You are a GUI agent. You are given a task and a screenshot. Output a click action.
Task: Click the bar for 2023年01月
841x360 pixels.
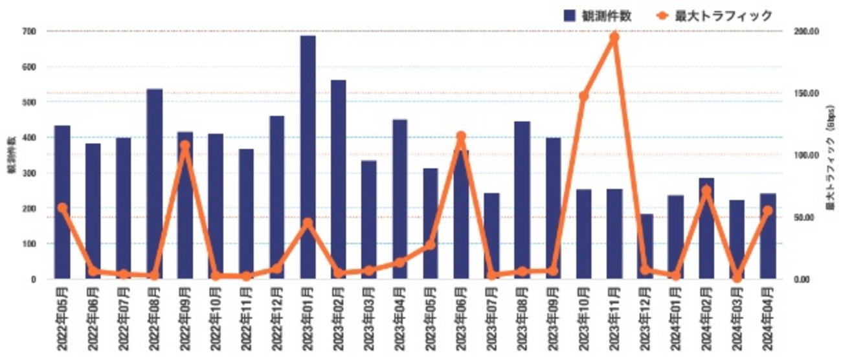coord(308,157)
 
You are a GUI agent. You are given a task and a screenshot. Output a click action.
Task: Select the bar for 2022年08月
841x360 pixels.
coord(155,184)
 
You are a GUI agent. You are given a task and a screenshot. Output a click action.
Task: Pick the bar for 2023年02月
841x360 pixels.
coord(339,179)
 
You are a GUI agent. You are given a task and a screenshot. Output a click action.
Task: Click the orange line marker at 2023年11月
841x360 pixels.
coord(614,37)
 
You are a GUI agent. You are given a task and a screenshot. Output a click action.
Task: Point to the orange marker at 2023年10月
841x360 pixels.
coord(583,96)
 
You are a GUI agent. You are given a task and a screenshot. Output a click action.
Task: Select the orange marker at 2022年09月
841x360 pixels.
coord(185,146)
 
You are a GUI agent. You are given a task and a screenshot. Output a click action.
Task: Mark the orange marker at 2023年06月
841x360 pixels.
coord(461,137)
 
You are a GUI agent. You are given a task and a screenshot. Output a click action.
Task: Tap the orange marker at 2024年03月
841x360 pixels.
coord(737,278)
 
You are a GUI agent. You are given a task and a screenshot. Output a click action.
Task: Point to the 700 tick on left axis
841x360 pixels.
coord(31,31)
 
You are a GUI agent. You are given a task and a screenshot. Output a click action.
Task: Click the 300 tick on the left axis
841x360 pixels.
coord(31,173)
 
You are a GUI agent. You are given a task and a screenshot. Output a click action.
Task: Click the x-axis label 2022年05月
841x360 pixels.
coord(63,320)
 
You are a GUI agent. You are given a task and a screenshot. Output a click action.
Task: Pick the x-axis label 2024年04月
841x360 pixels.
coord(768,320)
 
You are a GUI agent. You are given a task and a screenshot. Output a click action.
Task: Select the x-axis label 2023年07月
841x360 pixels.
coord(492,320)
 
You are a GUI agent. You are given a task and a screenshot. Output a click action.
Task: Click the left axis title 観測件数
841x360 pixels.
coord(11,155)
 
